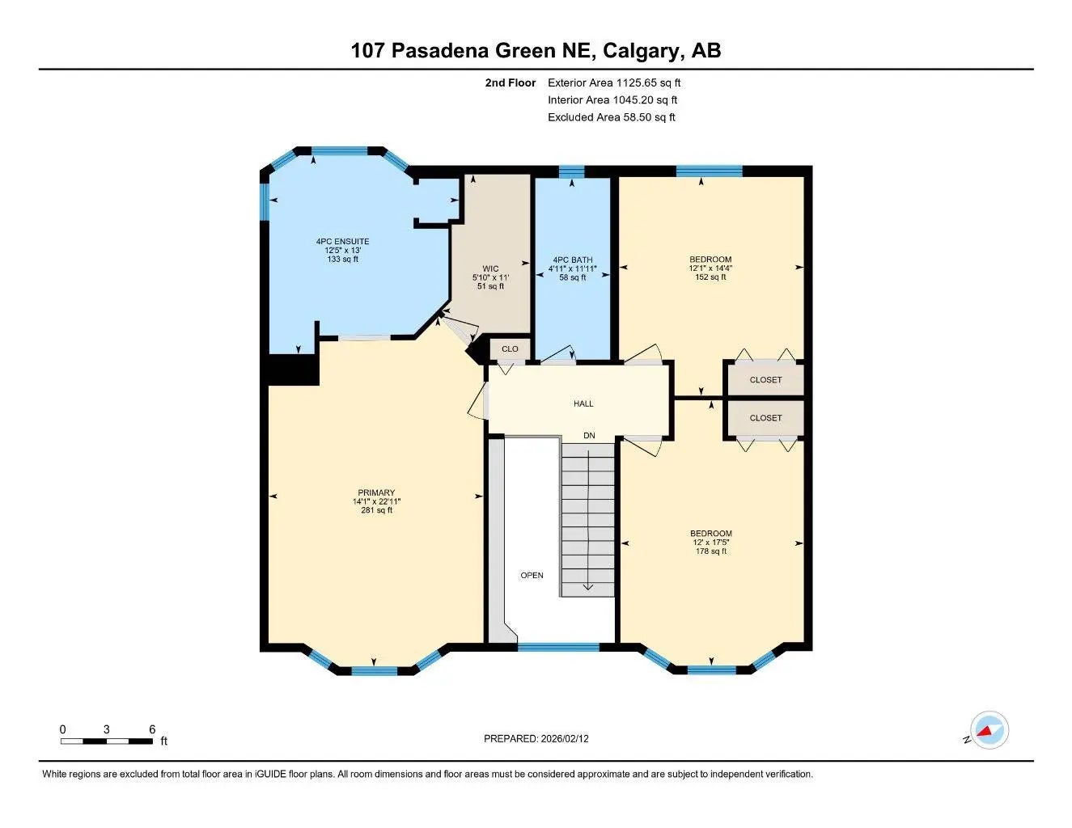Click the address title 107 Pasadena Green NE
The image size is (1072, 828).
point(536,51)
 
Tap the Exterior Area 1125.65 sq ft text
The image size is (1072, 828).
point(614,82)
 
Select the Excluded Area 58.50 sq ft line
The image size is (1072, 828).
point(611,117)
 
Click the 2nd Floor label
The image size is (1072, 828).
point(510,82)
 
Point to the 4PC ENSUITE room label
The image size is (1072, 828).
point(342,242)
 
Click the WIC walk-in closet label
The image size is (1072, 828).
point(490,269)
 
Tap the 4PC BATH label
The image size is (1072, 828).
point(572,260)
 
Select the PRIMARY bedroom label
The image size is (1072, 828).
point(376,493)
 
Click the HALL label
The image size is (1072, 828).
point(583,403)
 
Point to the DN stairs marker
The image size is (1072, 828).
point(589,436)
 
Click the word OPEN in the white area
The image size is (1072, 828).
point(532,576)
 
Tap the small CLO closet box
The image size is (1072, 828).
point(510,349)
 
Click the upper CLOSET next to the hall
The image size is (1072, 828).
point(765,380)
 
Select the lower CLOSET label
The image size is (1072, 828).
point(765,418)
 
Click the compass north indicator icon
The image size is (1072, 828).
point(988,731)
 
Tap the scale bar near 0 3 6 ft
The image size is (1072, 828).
point(107,741)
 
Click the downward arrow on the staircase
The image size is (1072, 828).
point(588,587)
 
